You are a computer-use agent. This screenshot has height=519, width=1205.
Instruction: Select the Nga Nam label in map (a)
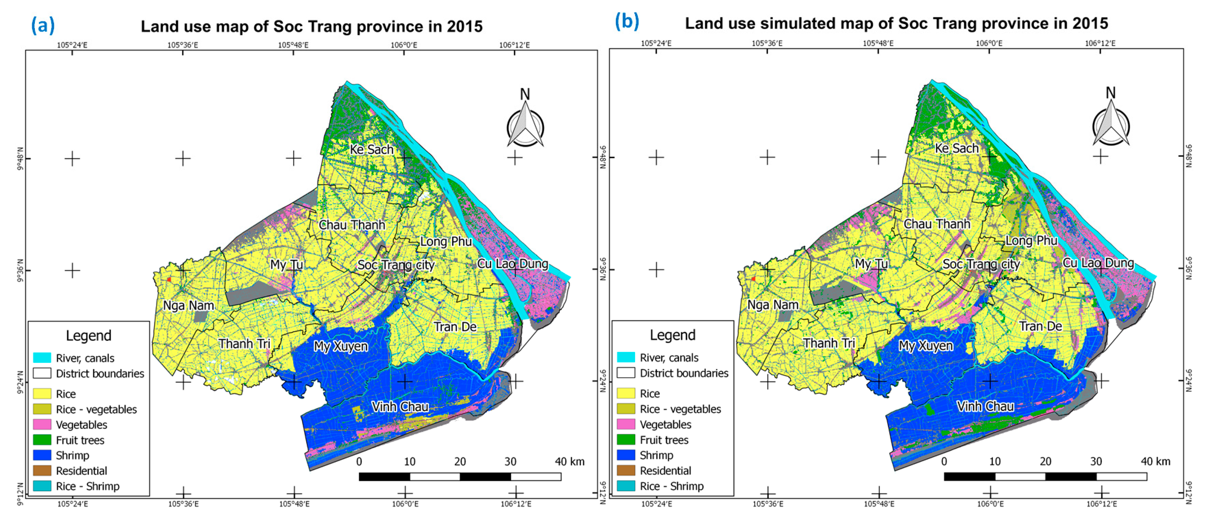tap(188, 306)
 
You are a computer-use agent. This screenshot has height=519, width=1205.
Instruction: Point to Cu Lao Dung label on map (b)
tap(1098, 263)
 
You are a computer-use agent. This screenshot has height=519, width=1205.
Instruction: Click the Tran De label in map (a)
tap(455, 327)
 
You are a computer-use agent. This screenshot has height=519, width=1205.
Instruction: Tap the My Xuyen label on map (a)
tap(341, 346)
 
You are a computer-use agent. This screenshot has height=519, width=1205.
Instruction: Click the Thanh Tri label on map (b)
tap(829, 343)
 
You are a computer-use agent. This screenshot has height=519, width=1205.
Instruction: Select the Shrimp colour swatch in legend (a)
tap(42, 455)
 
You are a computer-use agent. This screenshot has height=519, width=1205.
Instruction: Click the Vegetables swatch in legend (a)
tap(42, 425)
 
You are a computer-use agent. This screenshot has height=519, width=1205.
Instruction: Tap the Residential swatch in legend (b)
tap(626, 470)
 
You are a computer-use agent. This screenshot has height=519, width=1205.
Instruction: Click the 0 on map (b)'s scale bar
tap(944, 461)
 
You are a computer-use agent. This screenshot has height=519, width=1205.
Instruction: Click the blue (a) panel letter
tap(43, 25)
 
